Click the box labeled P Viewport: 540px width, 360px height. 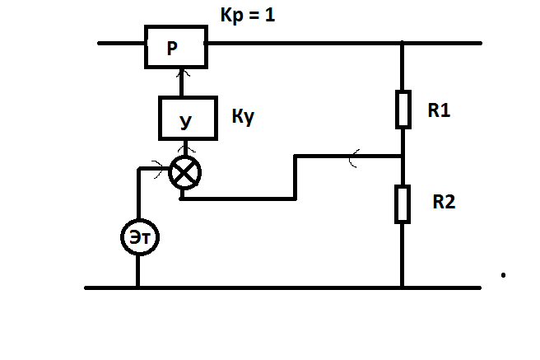(x=175, y=47)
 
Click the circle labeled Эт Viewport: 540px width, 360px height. (x=137, y=238)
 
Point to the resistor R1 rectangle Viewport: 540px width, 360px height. (x=403, y=110)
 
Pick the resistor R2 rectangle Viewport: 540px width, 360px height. (x=403, y=203)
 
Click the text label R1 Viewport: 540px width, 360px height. (x=440, y=111)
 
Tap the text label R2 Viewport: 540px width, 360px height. (x=444, y=199)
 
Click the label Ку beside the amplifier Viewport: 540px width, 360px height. (x=243, y=117)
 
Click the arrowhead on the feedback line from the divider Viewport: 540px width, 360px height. (x=353, y=156)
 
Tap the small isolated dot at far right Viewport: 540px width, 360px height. (x=503, y=274)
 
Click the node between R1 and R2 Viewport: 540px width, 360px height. (x=403, y=156)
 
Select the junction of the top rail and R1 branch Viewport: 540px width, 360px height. (x=403, y=43)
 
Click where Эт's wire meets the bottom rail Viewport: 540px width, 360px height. (x=137, y=288)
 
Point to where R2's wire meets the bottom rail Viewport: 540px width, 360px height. (x=403, y=288)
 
